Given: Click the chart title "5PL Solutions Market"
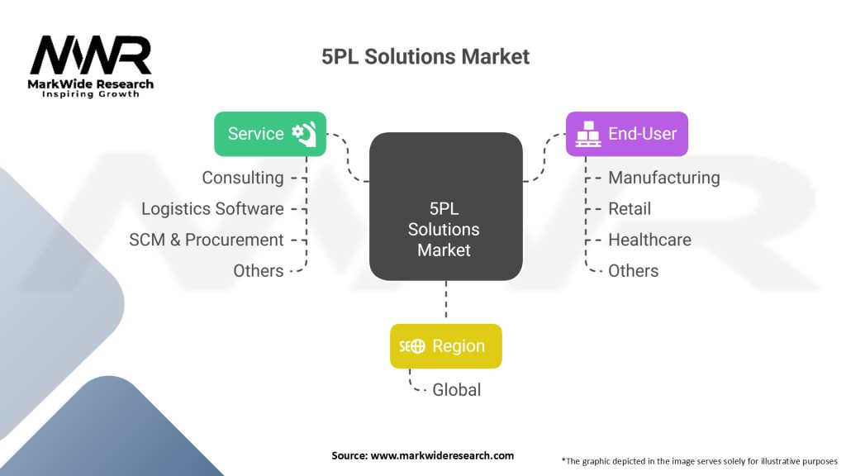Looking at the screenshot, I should (425, 57).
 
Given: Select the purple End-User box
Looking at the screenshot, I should (626, 134).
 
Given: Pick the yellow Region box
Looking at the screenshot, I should (445, 346).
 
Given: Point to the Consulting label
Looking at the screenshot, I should (243, 178).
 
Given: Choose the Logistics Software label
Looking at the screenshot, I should (212, 209).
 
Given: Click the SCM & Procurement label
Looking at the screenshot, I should (207, 240).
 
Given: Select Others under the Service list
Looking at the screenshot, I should (258, 271).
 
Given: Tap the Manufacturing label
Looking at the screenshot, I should (663, 178).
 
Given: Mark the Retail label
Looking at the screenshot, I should (630, 209).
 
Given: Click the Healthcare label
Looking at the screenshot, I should (649, 240).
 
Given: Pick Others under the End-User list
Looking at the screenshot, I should (634, 271).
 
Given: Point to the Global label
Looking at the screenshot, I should (456, 389).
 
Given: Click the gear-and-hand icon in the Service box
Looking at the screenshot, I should (305, 134).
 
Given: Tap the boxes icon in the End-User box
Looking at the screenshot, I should (587, 134).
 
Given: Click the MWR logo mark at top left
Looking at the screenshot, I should (91, 55).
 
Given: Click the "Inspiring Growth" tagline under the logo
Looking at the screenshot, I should (91, 94).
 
